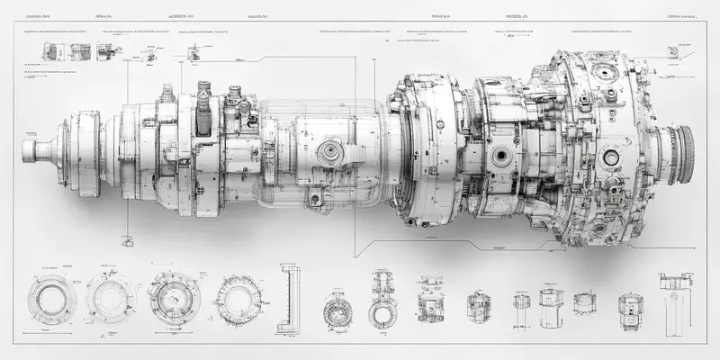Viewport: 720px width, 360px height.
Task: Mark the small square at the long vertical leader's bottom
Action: (127, 240)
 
